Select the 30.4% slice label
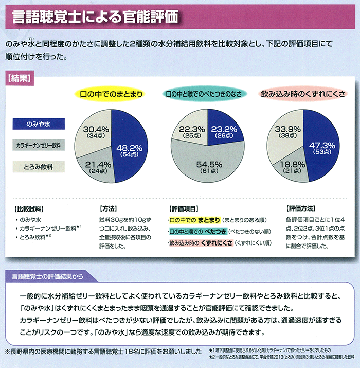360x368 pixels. [x=96, y=131]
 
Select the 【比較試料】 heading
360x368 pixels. [x=29, y=209]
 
